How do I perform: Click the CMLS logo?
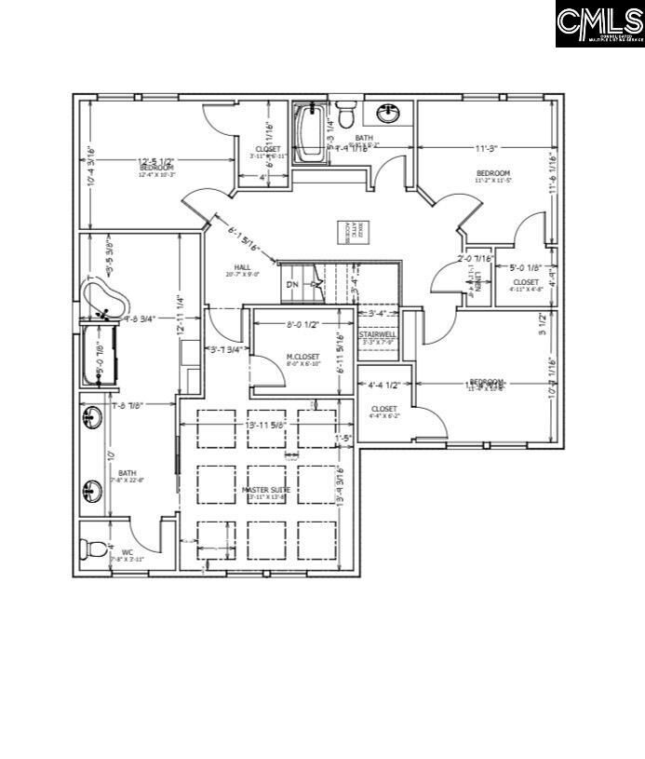(x=599, y=23)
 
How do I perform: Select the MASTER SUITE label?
(x=267, y=490)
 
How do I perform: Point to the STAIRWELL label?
(x=377, y=333)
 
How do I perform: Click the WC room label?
(x=128, y=552)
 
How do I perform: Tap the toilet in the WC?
(x=93, y=549)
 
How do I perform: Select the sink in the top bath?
(x=388, y=114)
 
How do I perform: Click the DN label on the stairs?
(x=292, y=284)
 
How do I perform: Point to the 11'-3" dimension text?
(x=486, y=147)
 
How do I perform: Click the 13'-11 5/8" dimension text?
(x=266, y=425)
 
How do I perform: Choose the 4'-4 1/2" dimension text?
(x=384, y=385)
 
